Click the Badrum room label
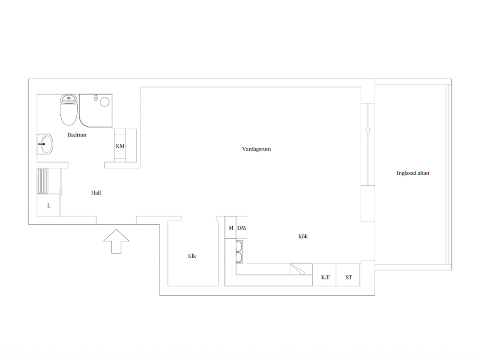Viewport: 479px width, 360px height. click(x=77, y=135)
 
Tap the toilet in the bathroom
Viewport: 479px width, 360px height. click(x=69, y=110)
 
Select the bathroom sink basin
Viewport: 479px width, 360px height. click(x=45, y=144)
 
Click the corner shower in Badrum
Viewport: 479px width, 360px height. click(x=96, y=111)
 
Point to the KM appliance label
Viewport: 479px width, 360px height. click(x=120, y=146)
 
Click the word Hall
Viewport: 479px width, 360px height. click(x=96, y=193)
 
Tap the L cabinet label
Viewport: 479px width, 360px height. click(x=49, y=206)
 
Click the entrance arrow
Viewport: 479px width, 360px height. click(x=116, y=241)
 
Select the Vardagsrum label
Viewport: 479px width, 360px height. click(x=256, y=149)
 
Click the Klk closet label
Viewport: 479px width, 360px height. click(x=192, y=256)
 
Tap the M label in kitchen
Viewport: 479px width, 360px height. click(x=231, y=228)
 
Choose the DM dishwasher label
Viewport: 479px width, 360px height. click(x=241, y=228)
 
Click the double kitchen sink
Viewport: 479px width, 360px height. click(x=239, y=252)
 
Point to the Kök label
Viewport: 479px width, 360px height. click(x=303, y=236)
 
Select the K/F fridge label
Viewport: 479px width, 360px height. click(x=325, y=277)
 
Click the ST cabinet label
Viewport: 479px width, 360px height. click(x=349, y=277)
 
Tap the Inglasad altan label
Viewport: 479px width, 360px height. click(x=413, y=173)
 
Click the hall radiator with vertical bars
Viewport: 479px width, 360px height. click(x=42, y=181)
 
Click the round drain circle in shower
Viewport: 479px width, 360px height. click(x=105, y=102)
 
